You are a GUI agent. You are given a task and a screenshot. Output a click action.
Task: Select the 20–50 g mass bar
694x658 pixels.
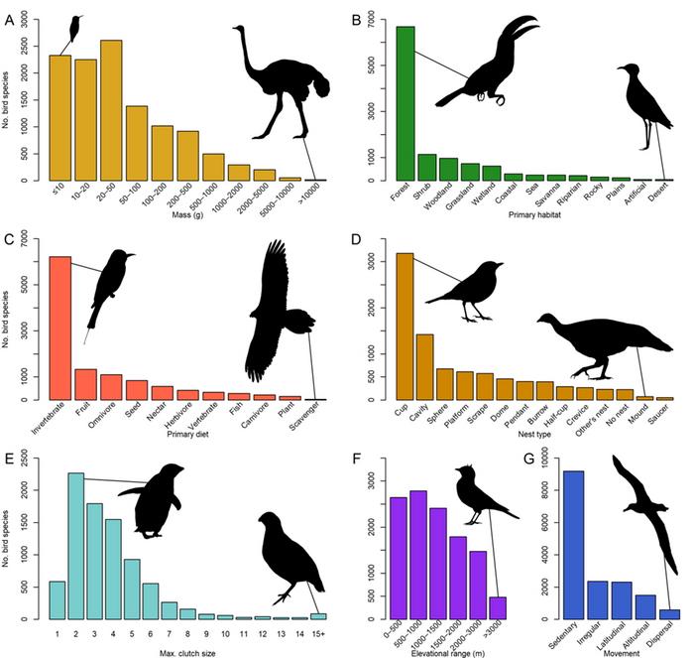tap(111, 110)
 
